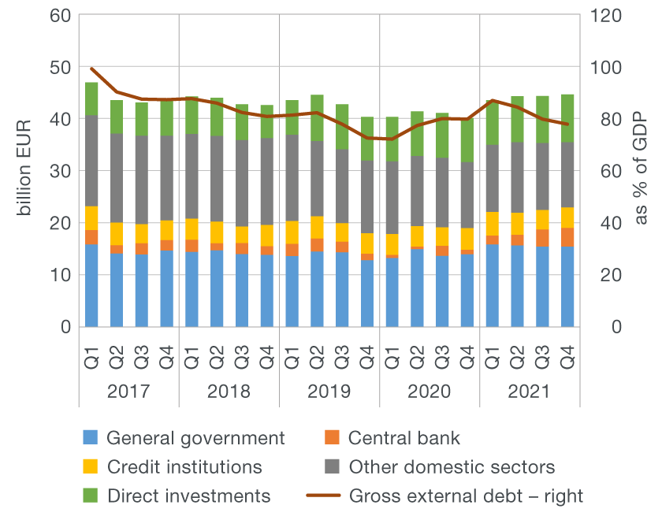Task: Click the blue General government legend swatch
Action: pos(91,438)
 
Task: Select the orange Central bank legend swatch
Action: pos(333,438)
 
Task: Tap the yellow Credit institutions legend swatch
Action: pos(91,467)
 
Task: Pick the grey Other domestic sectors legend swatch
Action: pos(333,467)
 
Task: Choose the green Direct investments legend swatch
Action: pos(91,496)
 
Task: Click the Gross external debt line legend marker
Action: pos(333,496)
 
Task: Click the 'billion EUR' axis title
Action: pos(24,171)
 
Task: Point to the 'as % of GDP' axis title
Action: pos(640,171)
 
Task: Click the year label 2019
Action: pos(329,392)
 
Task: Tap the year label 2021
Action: pos(530,392)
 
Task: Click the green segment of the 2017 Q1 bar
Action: pos(91,99)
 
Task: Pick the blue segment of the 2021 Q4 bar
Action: pos(567,287)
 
